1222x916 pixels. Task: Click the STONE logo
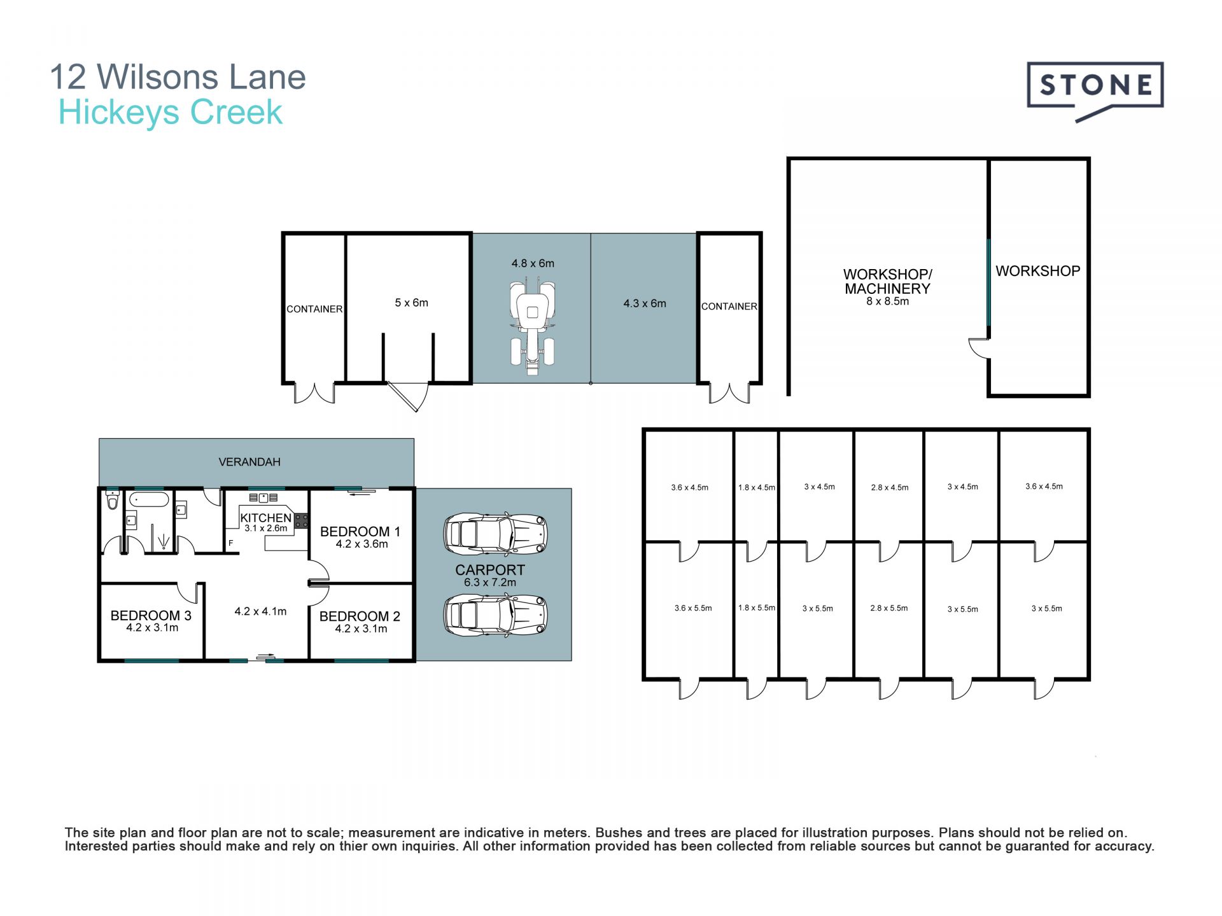1095,89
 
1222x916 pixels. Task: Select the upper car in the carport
495,533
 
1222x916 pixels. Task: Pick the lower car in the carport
495,615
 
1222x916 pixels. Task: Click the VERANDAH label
249,462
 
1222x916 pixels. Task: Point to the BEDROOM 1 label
360,531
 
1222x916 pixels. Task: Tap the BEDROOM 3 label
151,615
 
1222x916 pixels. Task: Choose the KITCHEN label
265,518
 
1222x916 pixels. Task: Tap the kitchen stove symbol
302,521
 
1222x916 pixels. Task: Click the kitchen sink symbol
263,497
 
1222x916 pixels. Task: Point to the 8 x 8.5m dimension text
887,302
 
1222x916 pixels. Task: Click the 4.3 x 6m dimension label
645,303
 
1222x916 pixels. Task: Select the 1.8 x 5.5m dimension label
757,608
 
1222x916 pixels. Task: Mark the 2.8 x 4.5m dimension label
890,488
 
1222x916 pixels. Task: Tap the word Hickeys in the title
119,113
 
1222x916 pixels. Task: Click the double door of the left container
314,393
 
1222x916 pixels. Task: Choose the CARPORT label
490,570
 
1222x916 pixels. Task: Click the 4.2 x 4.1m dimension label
260,611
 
